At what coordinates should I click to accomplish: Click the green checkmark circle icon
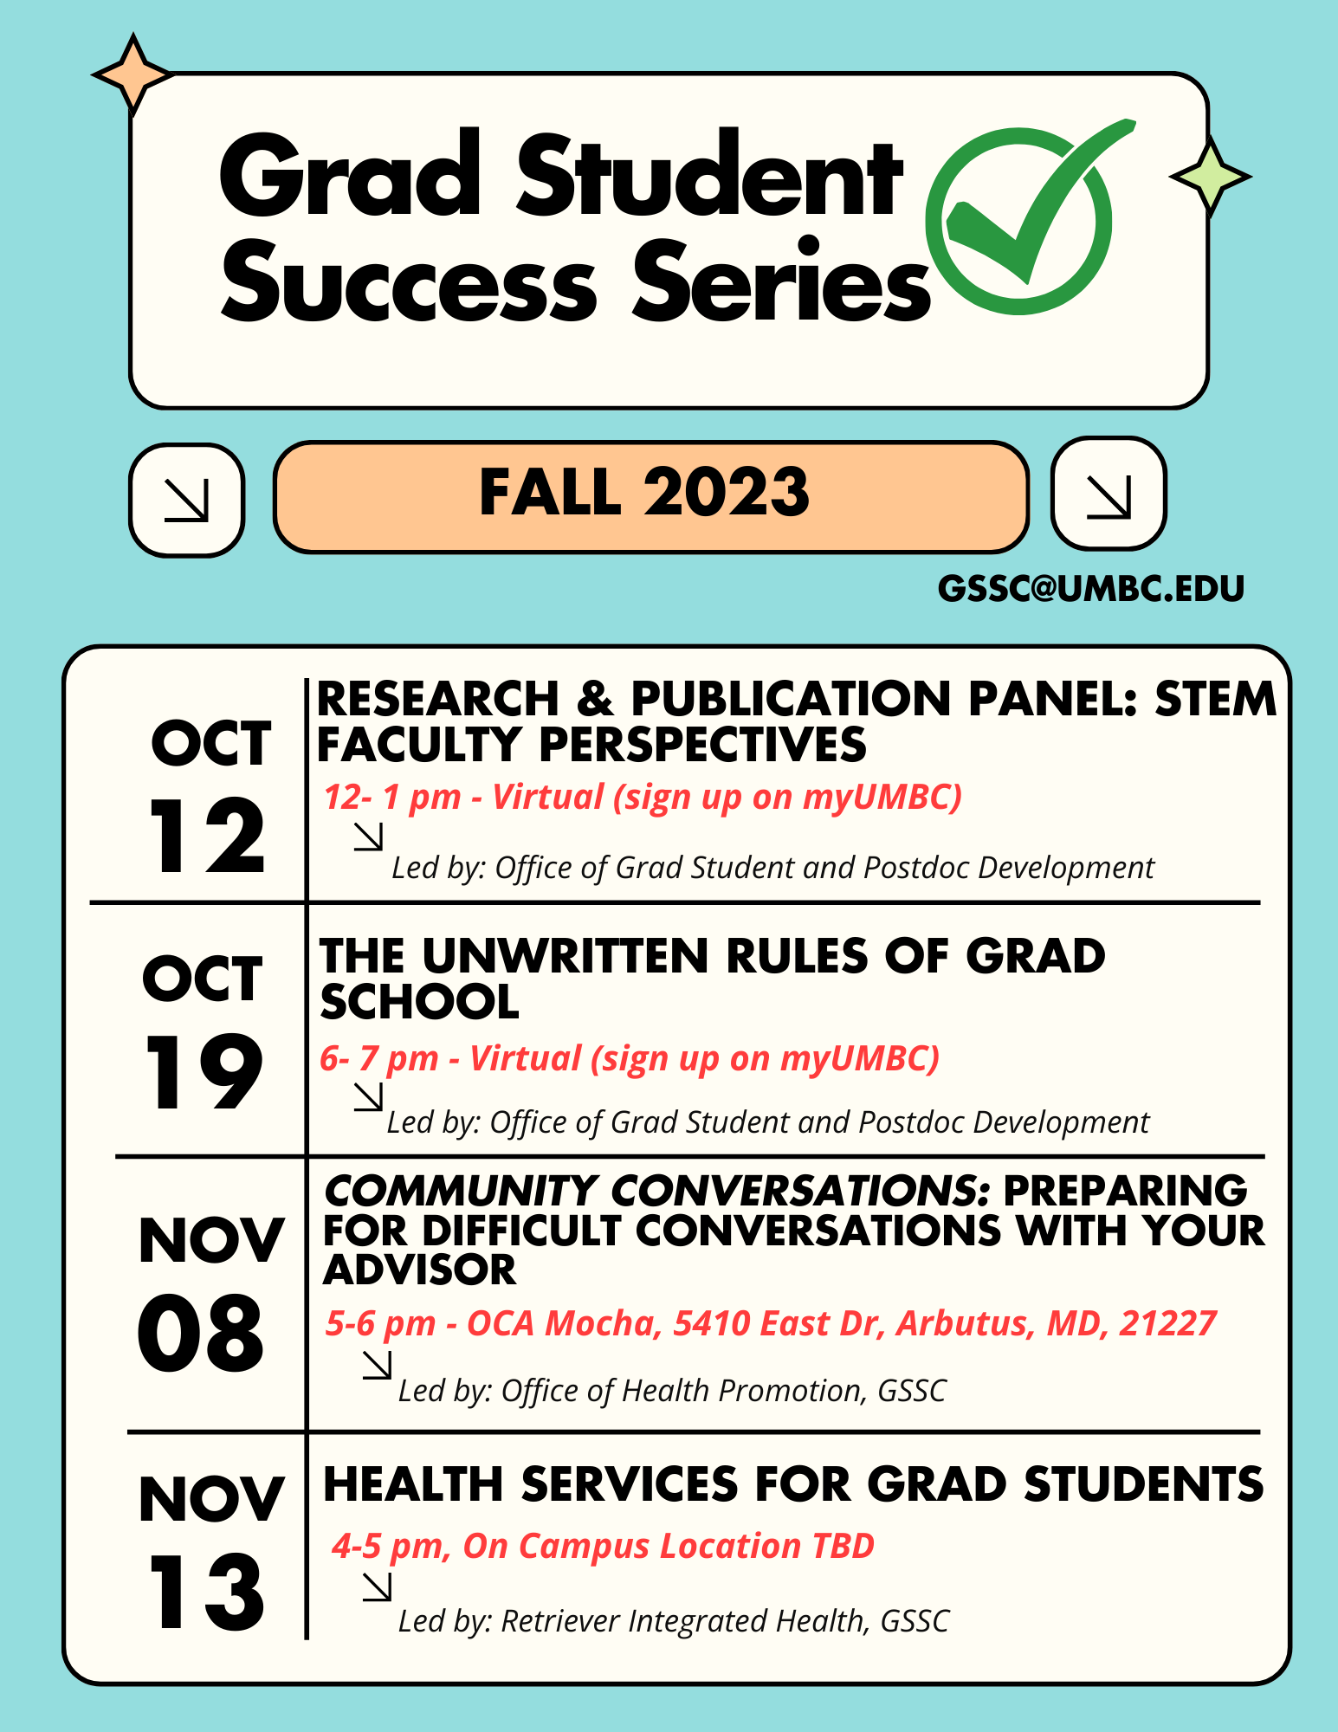1018,222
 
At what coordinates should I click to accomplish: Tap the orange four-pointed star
133,74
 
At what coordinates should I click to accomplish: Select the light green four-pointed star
1210,177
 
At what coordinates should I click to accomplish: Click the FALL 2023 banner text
644,492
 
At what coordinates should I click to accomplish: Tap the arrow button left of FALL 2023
186,500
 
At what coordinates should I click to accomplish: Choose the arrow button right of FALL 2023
1109,494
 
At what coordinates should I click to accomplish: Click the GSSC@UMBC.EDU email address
1091,589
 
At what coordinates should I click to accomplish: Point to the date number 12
207,836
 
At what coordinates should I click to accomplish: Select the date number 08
201,1334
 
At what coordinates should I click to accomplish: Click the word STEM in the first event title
1216,699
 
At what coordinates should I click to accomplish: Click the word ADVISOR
420,1270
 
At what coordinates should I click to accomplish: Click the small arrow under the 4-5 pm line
377,1587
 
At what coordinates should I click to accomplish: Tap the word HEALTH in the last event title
413,1484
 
